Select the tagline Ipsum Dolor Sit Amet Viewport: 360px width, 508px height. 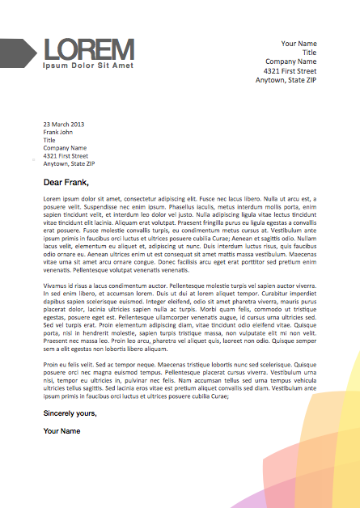pyautogui.click(x=88, y=65)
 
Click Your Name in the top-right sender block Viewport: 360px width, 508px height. pyautogui.click(x=299, y=43)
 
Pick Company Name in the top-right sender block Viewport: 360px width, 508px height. pyautogui.click(x=290, y=61)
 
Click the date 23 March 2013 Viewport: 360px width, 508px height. pyautogui.click(x=64, y=124)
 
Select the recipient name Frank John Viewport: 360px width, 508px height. pyautogui.click(x=57, y=132)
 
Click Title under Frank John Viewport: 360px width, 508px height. pyautogui.click(x=49, y=140)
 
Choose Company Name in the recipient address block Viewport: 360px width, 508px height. pyautogui.click(x=65, y=148)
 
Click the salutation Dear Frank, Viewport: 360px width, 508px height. pyautogui.click(x=71, y=183)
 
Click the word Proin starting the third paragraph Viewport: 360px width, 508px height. pyautogui.click(x=51, y=365)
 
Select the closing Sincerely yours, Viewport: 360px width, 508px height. pyautogui.click(x=70, y=413)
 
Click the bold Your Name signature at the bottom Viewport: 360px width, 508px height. pyautogui.click(x=61, y=431)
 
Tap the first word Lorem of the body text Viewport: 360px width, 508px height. pyautogui.click(x=53, y=198)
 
